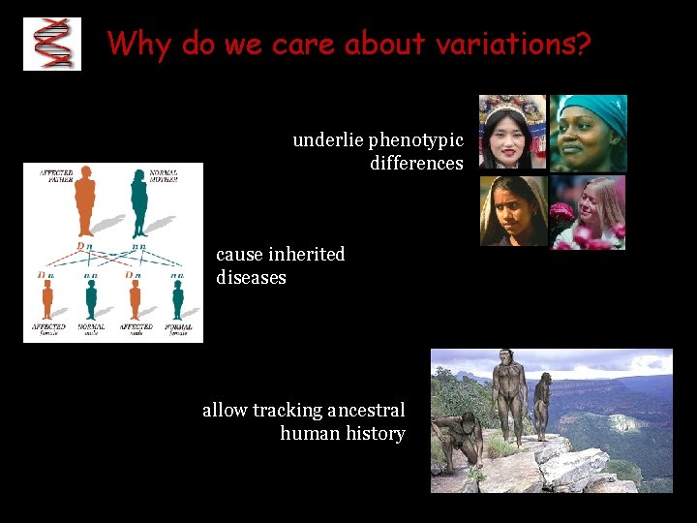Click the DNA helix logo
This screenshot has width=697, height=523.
point(52,44)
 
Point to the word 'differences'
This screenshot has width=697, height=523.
point(416,164)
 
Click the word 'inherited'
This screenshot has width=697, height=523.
point(307,254)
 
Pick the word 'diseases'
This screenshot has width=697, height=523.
point(251,278)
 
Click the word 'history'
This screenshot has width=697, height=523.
point(375,434)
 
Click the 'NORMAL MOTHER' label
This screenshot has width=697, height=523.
point(164,177)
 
